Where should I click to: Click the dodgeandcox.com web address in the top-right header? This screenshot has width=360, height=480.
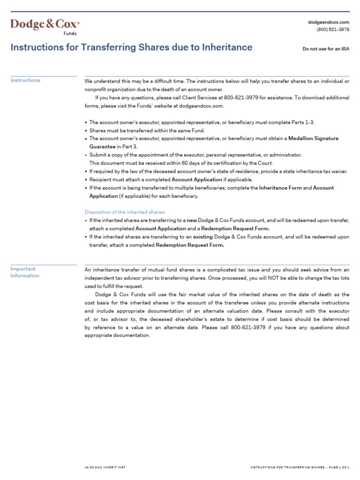329,22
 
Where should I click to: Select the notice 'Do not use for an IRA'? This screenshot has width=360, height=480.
326,49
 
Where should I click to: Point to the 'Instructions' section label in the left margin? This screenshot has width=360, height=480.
25,80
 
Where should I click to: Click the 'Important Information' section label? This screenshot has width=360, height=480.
25,272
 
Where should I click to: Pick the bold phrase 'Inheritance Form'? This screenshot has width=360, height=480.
280,188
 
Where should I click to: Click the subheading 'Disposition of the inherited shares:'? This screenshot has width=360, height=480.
125,212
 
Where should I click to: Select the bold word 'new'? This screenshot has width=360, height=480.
192,220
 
